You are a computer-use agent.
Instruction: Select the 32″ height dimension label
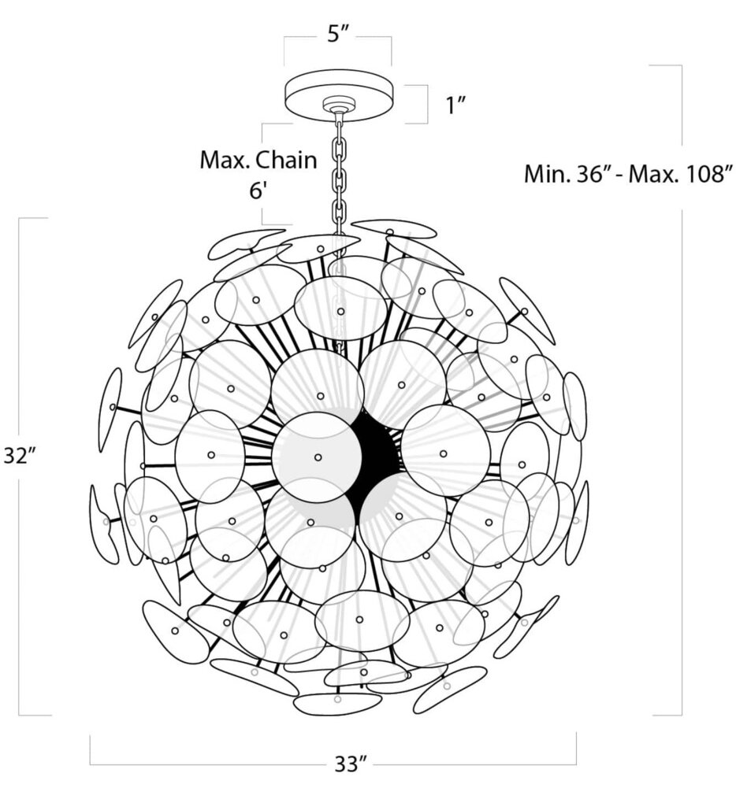16,457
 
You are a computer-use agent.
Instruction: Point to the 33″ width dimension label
351,764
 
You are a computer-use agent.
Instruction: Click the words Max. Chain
258,160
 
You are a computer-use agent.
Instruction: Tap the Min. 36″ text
565,173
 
